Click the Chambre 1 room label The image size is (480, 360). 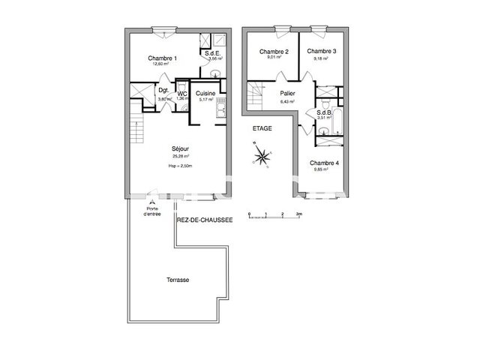(x=162, y=58)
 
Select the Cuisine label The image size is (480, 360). (x=206, y=93)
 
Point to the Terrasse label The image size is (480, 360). (x=178, y=280)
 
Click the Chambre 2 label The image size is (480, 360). (x=274, y=52)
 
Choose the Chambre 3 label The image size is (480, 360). (x=321, y=52)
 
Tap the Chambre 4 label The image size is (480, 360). (x=324, y=163)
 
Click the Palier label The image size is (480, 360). (x=286, y=94)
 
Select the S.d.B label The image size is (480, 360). (x=324, y=112)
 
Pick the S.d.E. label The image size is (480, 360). (x=212, y=52)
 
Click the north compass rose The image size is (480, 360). (x=262, y=156)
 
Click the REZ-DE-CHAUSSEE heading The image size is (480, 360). (x=205, y=220)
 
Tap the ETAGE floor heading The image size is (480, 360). (x=262, y=128)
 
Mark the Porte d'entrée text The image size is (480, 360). (x=152, y=212)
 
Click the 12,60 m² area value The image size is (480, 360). (x=160, y=64)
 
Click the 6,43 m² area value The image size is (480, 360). (x=286, y=100)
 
